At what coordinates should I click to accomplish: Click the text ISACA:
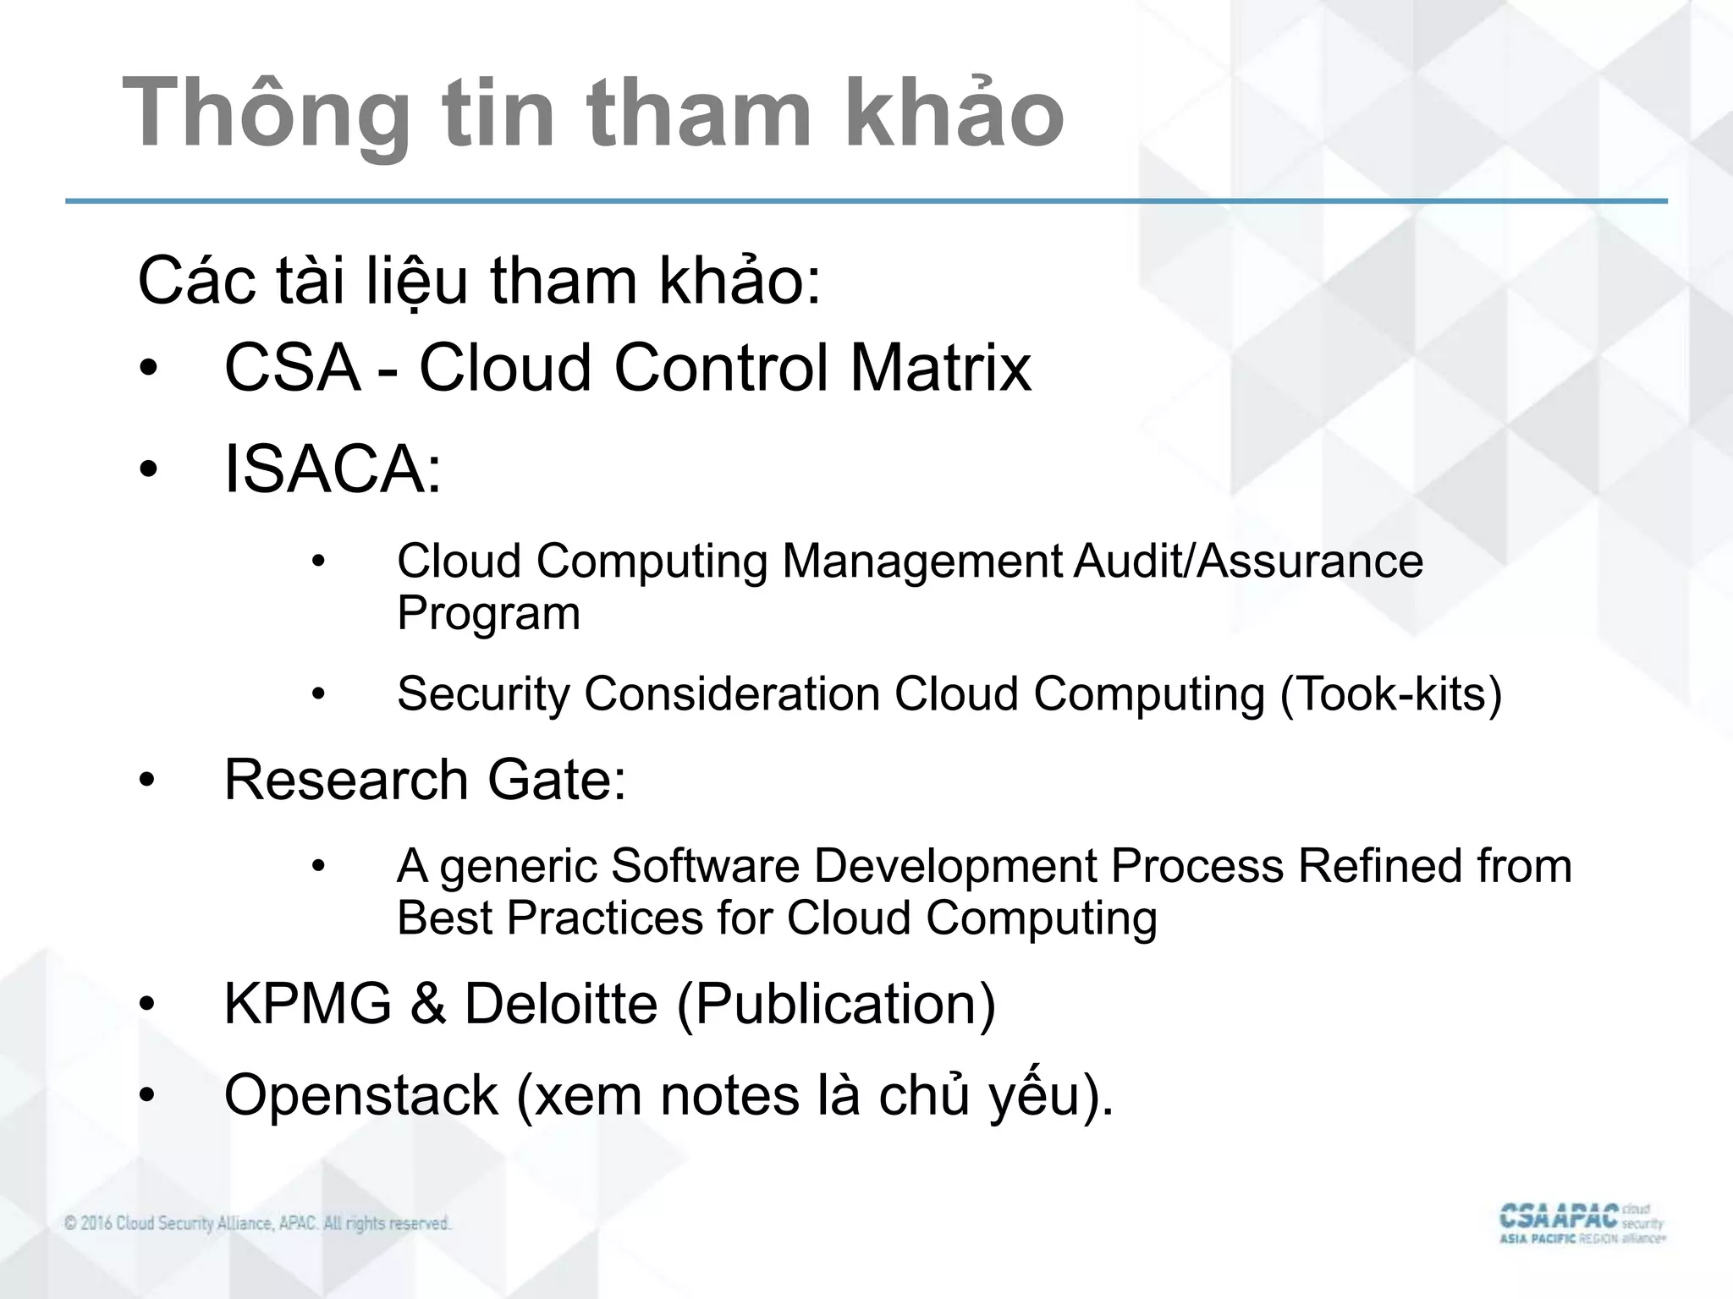333,470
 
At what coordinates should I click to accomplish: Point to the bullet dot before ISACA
149,470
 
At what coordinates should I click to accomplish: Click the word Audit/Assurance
1248,562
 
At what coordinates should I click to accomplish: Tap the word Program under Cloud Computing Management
488,614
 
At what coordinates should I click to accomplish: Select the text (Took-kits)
1390,694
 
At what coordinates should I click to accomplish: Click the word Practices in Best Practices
604,918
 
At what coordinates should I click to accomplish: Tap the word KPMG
307,1004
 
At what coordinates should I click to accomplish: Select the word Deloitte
561,1004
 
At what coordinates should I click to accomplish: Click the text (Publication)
836,1004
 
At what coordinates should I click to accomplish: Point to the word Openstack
360,1096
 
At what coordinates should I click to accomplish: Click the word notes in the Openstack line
729,1096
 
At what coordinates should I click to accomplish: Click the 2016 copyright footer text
257,1224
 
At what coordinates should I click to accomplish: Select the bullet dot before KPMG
149,1005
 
